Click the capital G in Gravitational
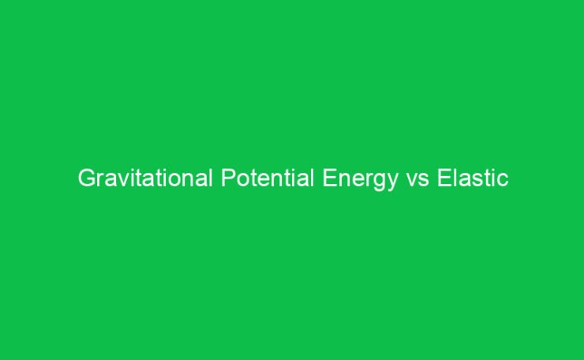(x=86, y=179)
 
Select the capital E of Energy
(x=329, y=179)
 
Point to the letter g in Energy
(x=381, y=182)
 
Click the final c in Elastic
(x=504, y=181)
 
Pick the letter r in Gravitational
(x=99, y=181)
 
